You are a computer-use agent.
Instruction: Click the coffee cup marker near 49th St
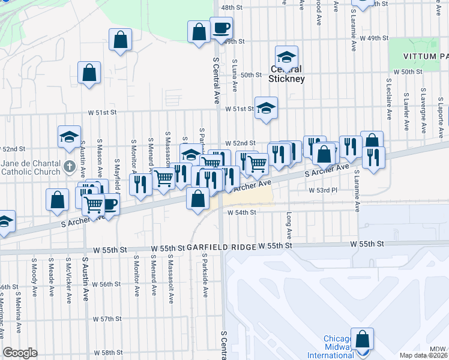point(221,28)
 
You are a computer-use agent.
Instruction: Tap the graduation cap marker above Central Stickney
point(286,57)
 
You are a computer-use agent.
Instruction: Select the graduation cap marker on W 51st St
point(266,108)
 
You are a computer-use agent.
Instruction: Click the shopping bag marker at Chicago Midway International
point(362,339)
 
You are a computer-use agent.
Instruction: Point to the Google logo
point(20,353)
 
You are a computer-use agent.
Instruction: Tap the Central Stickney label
point(286,74)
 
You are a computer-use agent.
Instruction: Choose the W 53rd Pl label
point(324,190)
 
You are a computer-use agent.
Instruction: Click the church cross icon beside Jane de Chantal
point(71,164)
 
